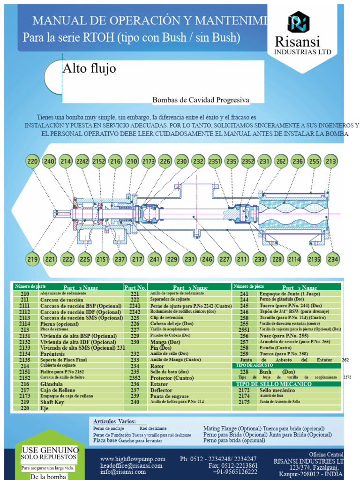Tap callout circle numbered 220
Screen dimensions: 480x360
[x=32, y=162]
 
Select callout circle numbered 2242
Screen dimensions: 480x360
[x=82, y=162]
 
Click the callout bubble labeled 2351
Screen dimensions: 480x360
[x=215, y=162]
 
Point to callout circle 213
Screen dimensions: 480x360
[x=331, y=162]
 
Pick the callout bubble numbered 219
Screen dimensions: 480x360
[x=32, y=259]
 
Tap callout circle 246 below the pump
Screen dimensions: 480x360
[x=207, y=259]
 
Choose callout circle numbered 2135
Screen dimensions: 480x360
[x=314, y=259]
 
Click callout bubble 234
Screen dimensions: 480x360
[x=333, y=259]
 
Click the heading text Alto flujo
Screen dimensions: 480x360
[x=90, y=69]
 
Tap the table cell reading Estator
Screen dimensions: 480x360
[x=158, y=384]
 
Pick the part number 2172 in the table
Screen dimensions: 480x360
[x=244, y=390]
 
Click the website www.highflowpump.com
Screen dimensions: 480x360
[x=133, y=459]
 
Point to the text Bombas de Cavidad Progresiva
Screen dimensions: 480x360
[x=201, y=100]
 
